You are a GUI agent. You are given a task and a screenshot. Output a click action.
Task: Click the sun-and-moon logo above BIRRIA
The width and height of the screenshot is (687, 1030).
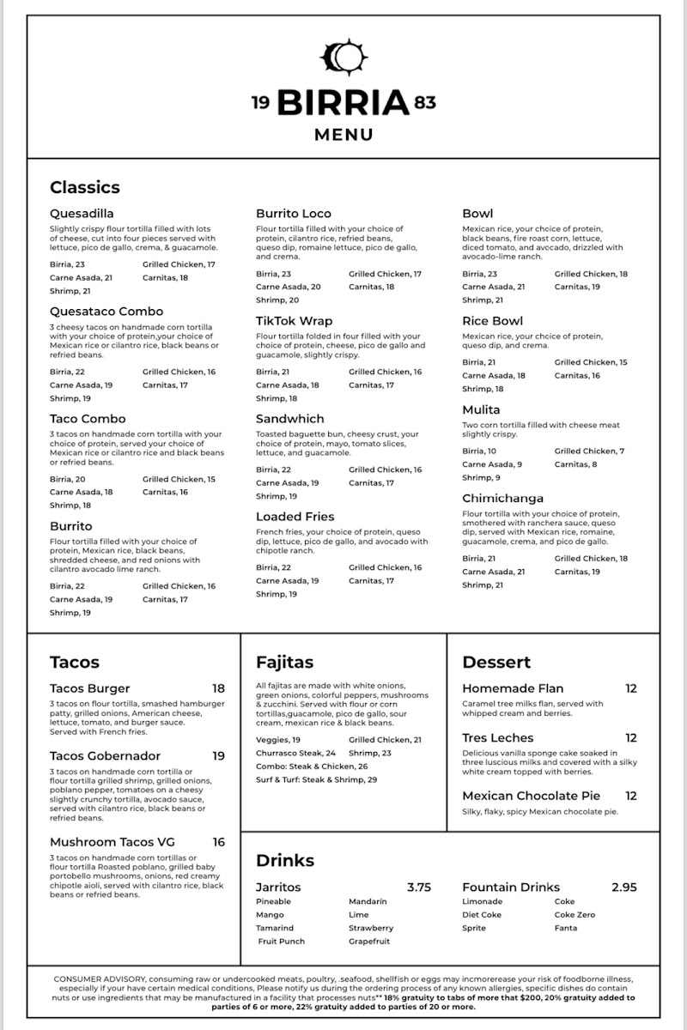[x=343, y=58]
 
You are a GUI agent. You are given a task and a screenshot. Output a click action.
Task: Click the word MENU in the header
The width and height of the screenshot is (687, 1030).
[x=343, y=135]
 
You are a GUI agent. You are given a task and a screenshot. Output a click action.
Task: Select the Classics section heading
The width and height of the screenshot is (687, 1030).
[x=85, y=187]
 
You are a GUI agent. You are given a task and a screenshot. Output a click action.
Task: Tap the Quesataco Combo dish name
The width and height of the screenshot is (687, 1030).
[x=106, y=312]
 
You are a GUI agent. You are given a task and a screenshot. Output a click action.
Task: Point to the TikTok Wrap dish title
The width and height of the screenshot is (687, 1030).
[x=294, y=321]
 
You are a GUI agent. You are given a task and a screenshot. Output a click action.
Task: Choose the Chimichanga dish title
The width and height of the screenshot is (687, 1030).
[x=503, y=499]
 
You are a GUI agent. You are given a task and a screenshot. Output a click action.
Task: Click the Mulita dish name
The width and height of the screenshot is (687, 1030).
[x=481, y=410]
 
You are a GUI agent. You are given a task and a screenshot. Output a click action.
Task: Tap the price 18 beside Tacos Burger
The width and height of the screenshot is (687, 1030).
[x=219, y=688]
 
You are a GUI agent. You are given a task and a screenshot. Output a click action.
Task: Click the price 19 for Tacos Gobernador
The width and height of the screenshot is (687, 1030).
[x=219, y=756]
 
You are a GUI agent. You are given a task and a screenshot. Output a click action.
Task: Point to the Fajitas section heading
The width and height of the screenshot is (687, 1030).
[x=284, y=662]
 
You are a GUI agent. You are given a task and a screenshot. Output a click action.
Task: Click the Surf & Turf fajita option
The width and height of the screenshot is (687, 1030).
[x=316, y=780]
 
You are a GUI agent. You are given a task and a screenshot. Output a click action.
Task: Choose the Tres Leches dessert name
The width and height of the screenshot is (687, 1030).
[x=497, y=738]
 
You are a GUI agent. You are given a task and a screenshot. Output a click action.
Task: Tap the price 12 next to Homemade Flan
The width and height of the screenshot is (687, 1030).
[x=631, y=688]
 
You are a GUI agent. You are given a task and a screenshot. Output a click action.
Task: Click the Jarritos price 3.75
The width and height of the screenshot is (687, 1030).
[x=418, y=888]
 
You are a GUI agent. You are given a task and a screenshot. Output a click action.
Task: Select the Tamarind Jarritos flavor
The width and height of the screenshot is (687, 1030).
[x=275, y=928]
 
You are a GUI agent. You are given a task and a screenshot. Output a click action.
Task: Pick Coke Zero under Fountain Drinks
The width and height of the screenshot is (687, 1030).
[x=575, y=915]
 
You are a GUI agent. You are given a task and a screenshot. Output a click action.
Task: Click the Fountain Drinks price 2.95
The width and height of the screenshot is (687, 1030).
[x=624, y=888]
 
